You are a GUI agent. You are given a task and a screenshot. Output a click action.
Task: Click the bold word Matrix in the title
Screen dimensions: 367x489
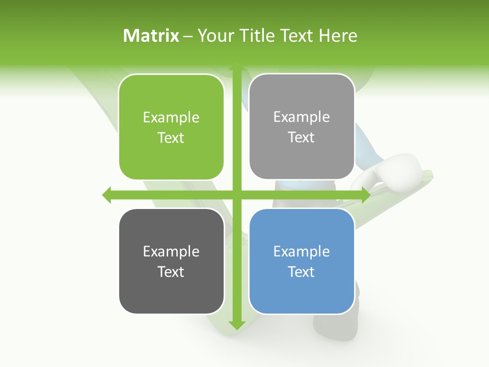coord(151,36)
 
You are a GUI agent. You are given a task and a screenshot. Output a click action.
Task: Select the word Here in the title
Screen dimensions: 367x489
coord(338,36)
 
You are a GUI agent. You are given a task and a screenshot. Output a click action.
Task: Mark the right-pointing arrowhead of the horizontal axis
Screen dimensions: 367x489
coord(365,195)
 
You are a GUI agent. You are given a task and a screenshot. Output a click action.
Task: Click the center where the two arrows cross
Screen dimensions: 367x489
coord(236,195)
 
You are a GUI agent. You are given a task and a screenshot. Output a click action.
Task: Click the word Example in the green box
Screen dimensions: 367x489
coord(171,118)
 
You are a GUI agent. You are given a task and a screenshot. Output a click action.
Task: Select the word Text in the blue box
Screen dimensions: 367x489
coord(302,272)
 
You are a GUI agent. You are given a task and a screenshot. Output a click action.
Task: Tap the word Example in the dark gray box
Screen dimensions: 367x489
coord(171,251)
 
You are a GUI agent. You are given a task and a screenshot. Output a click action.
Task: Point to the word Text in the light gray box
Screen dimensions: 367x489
coord(302,138)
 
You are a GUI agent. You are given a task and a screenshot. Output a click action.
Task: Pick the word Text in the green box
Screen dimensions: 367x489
coord(171,138)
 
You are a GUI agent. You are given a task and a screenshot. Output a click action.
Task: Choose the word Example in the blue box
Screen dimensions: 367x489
coord(302,251)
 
